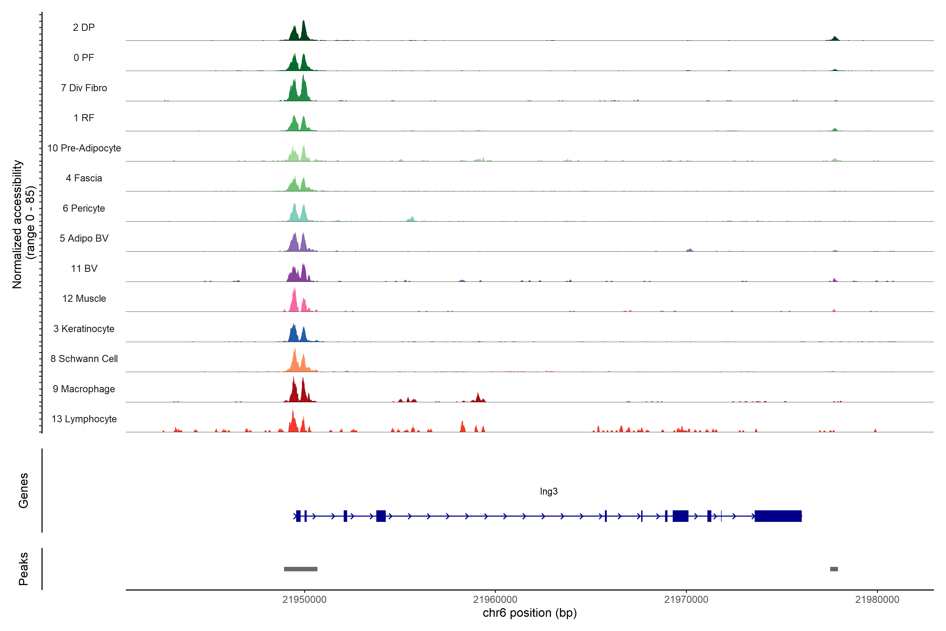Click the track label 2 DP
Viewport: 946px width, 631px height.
(84, 27)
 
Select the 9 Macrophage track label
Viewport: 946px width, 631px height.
(84, 389)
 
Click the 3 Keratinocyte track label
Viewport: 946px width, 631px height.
(84, 329)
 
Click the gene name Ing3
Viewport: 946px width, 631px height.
(549, 491)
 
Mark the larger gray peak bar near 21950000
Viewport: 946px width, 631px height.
(300, 569)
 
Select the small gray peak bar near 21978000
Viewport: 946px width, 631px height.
(834, 569)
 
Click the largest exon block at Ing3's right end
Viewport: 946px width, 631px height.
(778, 516)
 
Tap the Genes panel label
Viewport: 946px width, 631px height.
(23, 491)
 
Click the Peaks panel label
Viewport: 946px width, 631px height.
(23, 569)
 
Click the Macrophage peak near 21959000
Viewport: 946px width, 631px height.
(478, 398)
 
